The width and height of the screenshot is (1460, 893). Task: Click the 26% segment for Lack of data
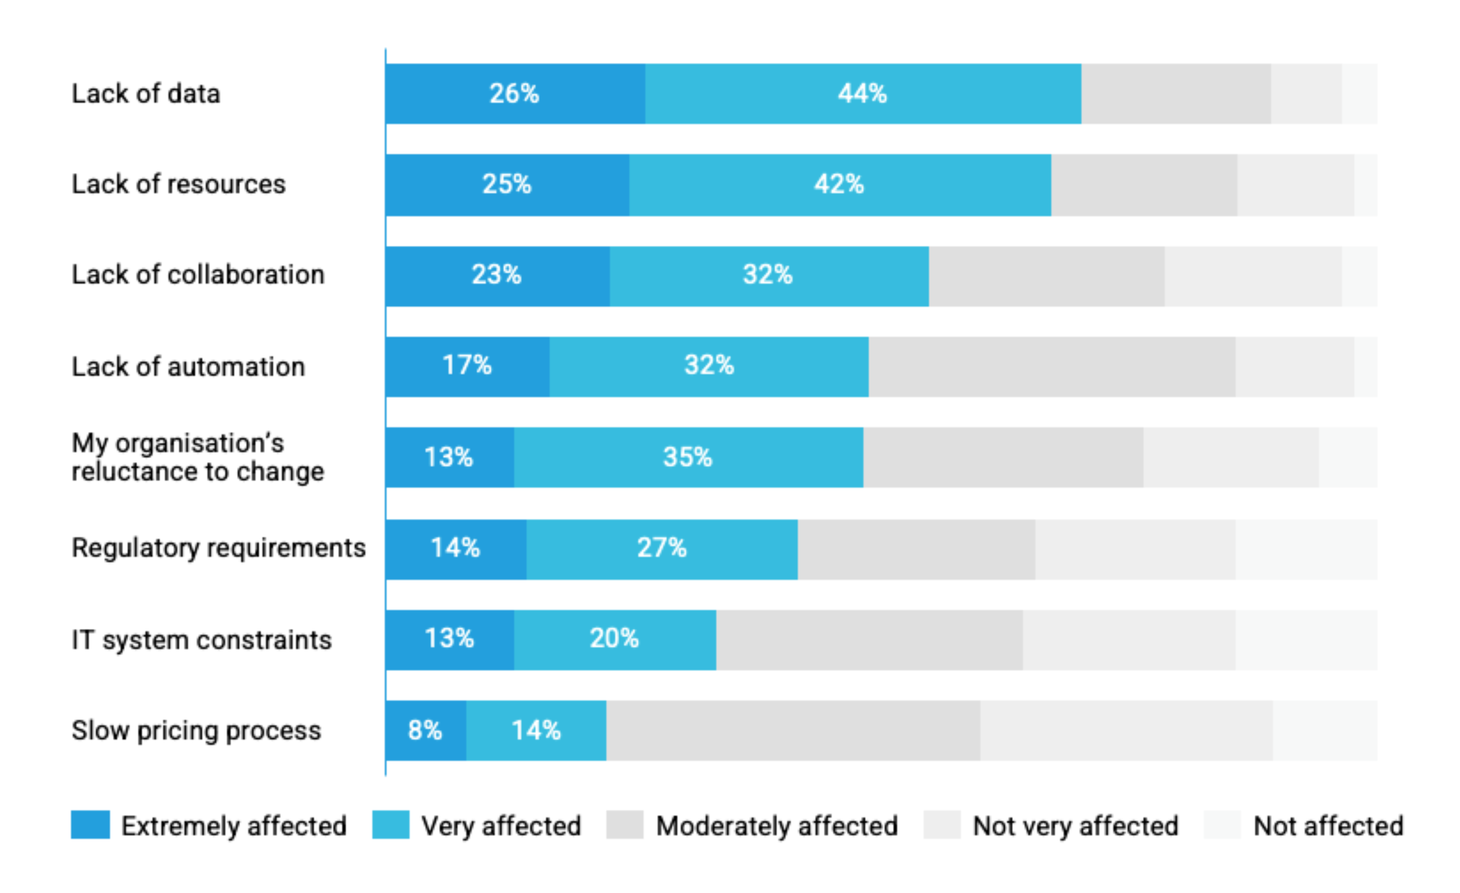tap(514, 94)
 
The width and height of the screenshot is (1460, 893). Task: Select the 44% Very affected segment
tap(863, 94)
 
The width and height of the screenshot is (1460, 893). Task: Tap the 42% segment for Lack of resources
tap(840, 184)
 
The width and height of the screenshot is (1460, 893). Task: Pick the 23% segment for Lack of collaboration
tap(497, 275)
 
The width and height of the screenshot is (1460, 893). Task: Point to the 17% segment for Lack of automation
tap(467, 366)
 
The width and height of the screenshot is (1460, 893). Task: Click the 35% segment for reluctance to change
tap(688, 457)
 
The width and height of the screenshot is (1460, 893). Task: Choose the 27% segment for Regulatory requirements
tap(662, 548)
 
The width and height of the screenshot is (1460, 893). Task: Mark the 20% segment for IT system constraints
tap(615, 639)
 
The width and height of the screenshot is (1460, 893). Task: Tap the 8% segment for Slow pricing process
tap(425, 730)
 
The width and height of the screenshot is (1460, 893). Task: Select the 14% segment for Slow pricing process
tap(536, 730)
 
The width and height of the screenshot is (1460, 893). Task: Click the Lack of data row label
tap(146, 94)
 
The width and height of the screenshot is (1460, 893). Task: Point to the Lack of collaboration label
tap(198, 275)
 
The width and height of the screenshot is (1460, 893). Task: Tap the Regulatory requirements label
tap(219, 548)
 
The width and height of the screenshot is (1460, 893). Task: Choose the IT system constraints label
tap(201, 640)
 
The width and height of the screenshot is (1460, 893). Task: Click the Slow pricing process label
tap(196, 731)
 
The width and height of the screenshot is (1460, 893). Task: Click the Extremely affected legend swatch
tap(90, 825)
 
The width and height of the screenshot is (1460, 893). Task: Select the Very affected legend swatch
tap(390, 825)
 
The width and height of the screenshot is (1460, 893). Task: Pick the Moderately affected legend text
tap(777, 826)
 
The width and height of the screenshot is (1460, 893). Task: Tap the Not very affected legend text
tap(1075, 826)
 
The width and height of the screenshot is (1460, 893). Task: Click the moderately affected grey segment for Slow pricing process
tap(793, 730)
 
